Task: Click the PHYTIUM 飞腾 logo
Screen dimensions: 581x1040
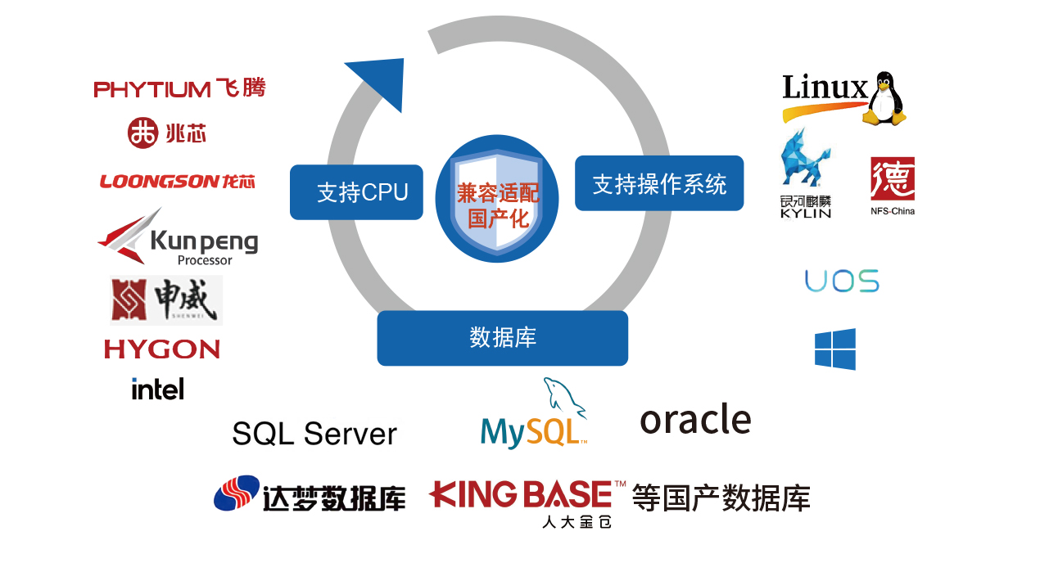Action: pos(179,88)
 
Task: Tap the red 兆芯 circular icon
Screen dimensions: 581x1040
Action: pos(142,133)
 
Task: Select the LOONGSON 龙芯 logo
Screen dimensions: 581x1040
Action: pos(177,181)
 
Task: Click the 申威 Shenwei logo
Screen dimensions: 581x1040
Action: pos(166,300)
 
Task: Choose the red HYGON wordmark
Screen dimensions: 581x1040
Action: pos(162,349)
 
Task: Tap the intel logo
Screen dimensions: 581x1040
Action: pos(157,389)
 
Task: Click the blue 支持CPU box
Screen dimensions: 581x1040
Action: pos(356,192)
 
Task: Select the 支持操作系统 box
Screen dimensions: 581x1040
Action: pos(659,183)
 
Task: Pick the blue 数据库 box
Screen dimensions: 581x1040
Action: pos(502,338)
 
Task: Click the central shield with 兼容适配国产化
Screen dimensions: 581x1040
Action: pos(497,199)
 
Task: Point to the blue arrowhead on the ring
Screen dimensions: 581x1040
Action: pos(381,82)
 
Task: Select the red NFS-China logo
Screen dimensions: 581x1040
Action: pos(893,184)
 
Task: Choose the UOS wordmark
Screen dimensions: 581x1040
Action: pos(842,281)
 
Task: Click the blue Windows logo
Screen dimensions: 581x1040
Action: pos(835,349)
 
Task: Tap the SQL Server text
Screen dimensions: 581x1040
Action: pos(314,434)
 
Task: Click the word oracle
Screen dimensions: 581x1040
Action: pos(695,420)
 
